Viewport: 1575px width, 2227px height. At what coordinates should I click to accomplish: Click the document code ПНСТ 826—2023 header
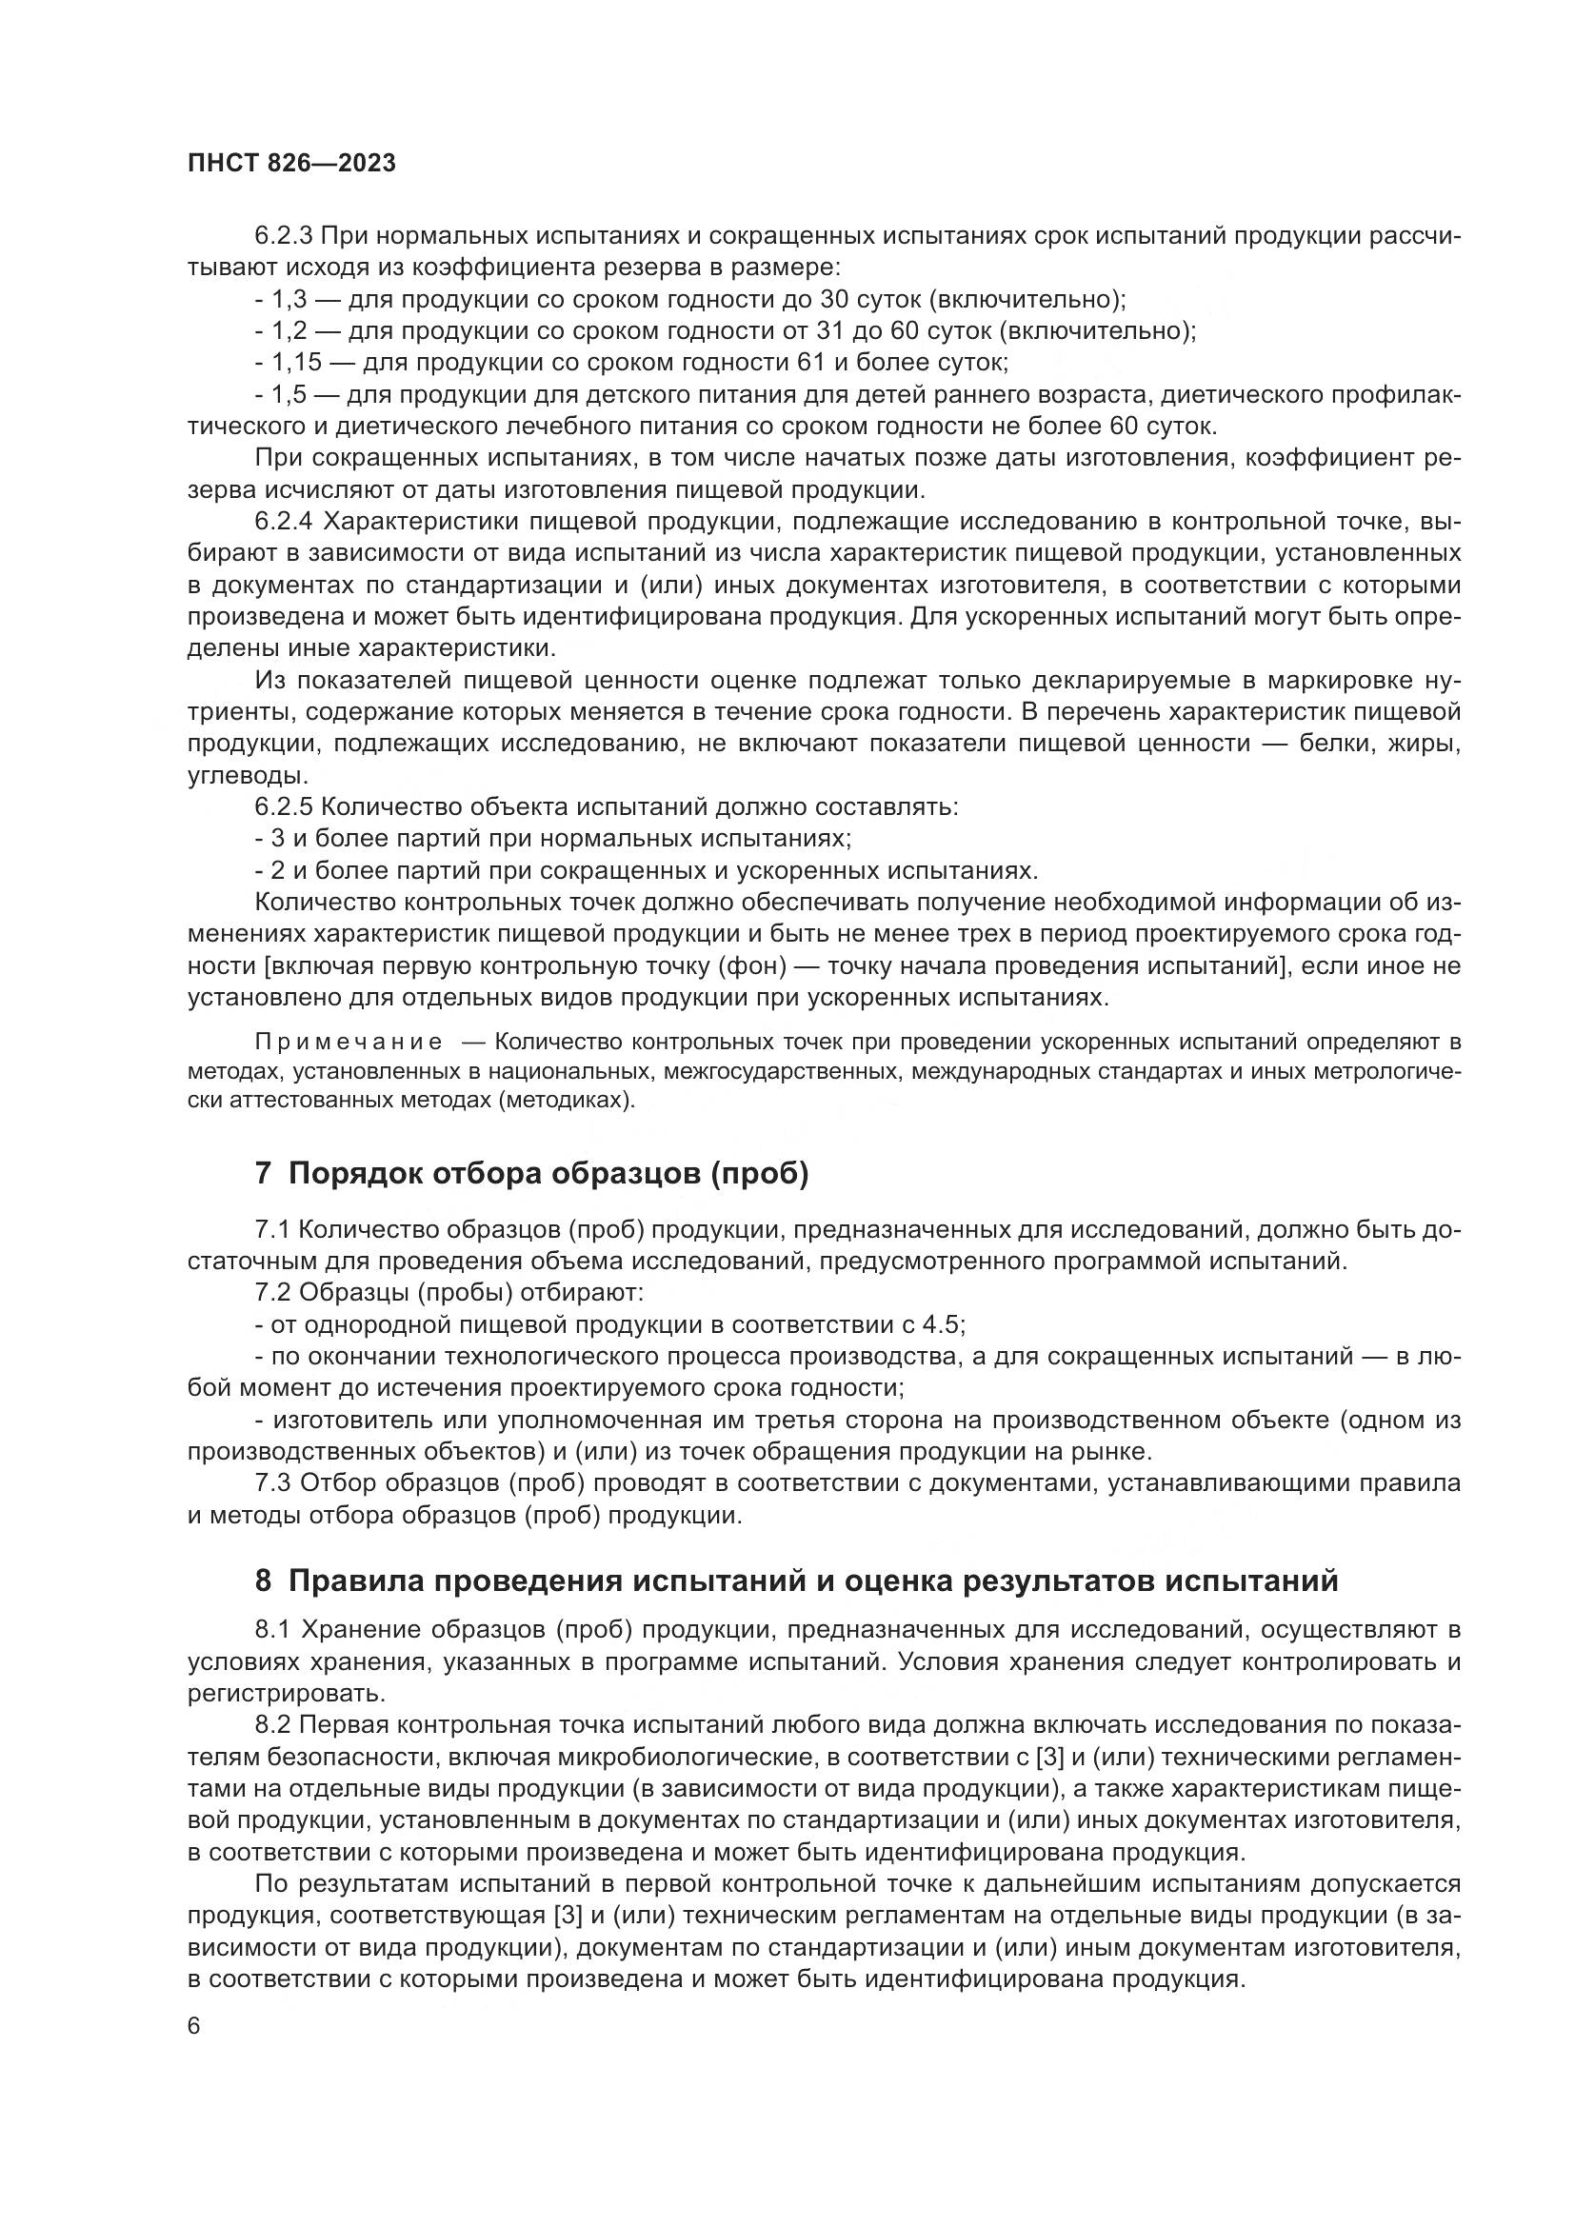(x=291, y=163)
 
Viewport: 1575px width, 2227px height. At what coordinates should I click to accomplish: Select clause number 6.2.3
(x=283, y=236)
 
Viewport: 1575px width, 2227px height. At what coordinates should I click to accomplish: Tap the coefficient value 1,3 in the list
(x=290, y=300)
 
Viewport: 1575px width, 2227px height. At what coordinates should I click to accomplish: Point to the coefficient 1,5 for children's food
(x=290, y=395)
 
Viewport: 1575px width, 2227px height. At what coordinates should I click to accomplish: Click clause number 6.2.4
(x=283, y=522)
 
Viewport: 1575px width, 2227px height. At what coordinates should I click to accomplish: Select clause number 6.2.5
(x=283, y=807)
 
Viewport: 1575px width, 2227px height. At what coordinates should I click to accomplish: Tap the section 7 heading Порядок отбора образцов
(x=531, y=1174)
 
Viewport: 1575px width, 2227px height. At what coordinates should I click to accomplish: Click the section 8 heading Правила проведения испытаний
(x=795, y=1581)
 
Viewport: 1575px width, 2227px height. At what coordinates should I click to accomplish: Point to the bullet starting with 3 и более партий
(x=553, y=839)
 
